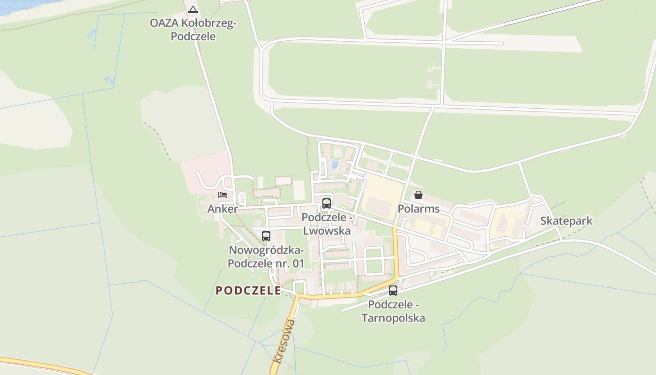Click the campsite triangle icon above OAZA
click(x=193, y=9)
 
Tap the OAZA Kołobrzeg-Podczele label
click(x=193, y=30)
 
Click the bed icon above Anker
click(x=223, y=195)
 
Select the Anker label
click(x=223, y=209)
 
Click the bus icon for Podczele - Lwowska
click(x=327, y=203)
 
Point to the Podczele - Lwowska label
click(x=327, y=224)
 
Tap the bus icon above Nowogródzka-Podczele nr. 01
click(x=266, y=236)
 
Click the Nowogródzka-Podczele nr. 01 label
click(x=266, y=257)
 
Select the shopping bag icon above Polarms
click(x=418, y=195)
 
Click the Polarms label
click(x=418, y=209)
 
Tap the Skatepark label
click(x=566, y=221)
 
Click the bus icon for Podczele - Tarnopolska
click(x=393, y=291)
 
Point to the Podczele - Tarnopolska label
click(x=394, y=311)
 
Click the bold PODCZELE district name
click(x=248, y=291)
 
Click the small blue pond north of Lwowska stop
click(x=335, y=165)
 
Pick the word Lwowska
click(x=327, y=231)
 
